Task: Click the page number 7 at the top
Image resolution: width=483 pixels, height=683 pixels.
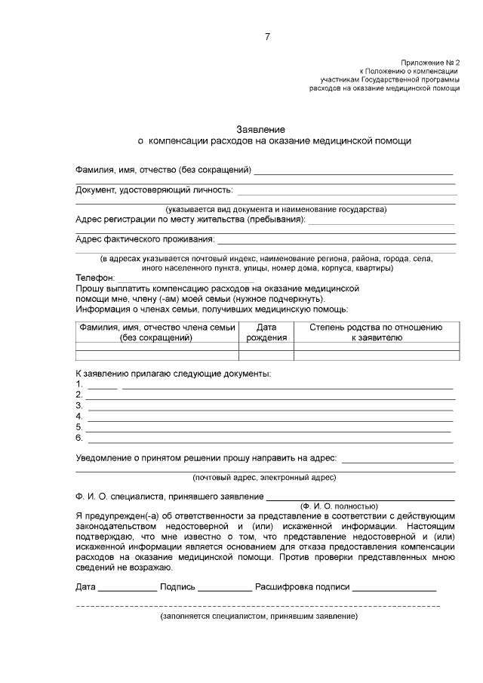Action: (266, 37)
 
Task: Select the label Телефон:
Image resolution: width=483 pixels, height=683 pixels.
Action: (95, 278)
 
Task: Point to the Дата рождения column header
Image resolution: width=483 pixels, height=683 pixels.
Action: (266, 333)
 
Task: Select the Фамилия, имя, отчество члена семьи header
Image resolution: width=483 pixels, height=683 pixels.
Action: (156, 333)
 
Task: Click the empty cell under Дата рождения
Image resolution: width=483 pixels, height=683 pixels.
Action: (266, 348)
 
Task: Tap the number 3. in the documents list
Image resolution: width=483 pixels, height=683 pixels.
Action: (79, 405)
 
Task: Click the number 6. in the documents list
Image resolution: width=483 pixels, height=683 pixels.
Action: (79, 437)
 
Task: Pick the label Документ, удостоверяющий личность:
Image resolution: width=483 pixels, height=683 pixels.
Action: (155, 189)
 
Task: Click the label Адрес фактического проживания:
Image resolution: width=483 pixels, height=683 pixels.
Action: (145, 240)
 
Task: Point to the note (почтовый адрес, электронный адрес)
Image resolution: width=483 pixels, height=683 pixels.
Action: (264, 478)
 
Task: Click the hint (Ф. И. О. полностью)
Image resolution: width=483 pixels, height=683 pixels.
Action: (338, 506)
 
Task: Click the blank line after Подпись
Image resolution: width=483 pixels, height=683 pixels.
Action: (225, 588)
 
